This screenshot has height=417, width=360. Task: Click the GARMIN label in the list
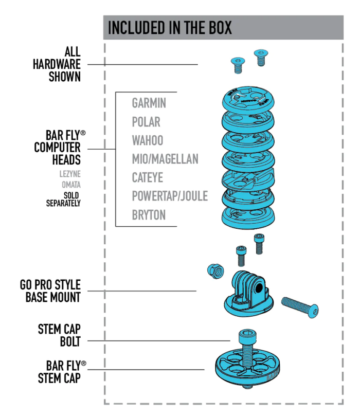(149, 103)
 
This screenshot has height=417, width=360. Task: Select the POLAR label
(146, 122)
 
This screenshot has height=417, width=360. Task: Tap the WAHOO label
(148, 140)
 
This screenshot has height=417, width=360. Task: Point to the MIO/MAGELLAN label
(165, 159)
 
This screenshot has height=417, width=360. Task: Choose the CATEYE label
(147, 177)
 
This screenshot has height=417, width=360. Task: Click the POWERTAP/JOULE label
(170, 196)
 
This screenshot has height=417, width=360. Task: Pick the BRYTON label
(149, 215)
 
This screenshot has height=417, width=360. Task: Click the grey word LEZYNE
(70, 174)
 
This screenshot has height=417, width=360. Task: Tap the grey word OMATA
(71, 185)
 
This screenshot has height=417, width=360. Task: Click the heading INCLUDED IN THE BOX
(170, 27)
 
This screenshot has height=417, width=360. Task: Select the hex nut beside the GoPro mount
(215, 271)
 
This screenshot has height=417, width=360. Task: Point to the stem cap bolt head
(247, 336)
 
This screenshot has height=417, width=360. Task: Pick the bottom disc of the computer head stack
(248, 216)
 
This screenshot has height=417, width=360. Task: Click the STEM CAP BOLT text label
(59, 335)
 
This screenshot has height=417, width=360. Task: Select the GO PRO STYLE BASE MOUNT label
(50, 291)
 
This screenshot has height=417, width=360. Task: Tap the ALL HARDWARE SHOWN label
(57, 64)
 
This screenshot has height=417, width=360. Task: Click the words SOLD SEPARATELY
(63, 199)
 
